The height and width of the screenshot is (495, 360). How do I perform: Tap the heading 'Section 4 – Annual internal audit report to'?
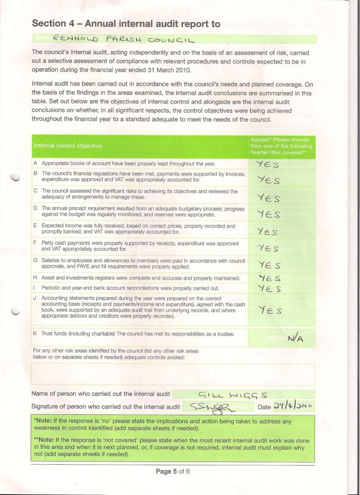(x=126, y=24)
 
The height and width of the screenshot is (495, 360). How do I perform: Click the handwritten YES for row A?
(x=266, y=164)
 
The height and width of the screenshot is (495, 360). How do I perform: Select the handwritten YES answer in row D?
(x=268, y=214)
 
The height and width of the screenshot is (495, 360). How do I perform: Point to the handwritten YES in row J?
(x=270, y=311)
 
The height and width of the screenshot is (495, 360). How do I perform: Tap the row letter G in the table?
(x=35, y=260)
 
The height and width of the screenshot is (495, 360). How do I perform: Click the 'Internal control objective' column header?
(x=67, y=146)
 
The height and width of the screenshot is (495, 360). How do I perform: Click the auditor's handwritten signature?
(x=212, y=407)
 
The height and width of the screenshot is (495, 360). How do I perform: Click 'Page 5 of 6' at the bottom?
(x=172, y=471)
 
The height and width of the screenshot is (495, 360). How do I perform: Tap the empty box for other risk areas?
(x=173, y=374)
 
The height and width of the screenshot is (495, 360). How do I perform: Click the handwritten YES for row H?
(x=270, y=278)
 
